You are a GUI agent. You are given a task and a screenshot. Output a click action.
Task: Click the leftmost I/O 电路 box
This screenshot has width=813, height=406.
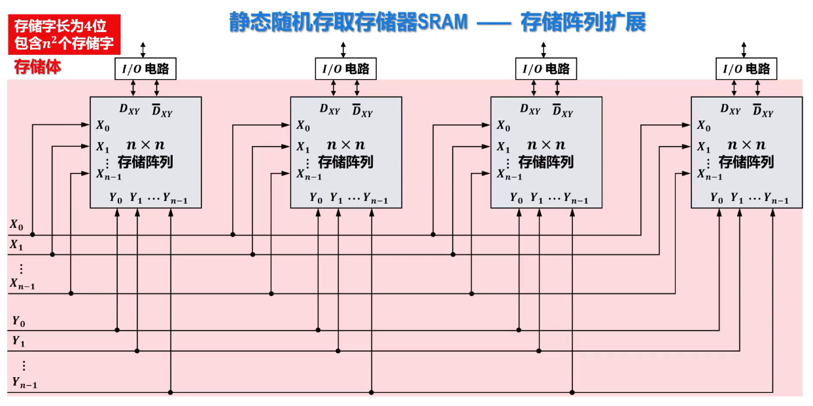tap(145, 69)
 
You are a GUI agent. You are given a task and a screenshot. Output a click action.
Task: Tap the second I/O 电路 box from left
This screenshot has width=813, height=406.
tap(346, 69)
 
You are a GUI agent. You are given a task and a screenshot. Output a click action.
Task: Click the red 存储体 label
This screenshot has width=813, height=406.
tap(37, 67)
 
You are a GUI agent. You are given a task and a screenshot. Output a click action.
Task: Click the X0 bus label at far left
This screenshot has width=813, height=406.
tap(16, 225)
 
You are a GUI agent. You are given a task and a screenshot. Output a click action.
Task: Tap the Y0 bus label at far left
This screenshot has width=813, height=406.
tap(18, 321)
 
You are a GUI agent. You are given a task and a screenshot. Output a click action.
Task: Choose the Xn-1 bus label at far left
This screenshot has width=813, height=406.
tap(22, 284)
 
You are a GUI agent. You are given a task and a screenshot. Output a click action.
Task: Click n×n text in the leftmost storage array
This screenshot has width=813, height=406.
tap(145, 145)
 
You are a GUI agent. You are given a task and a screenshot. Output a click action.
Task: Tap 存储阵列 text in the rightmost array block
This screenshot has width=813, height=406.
tap(746, 162)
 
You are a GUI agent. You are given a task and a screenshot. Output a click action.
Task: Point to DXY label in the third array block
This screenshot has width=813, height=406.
tap(530, 110)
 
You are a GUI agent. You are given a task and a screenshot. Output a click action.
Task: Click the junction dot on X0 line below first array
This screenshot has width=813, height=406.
tap(32, 234)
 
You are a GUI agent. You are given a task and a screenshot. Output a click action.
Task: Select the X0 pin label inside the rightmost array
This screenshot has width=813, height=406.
tap(703, 126)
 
